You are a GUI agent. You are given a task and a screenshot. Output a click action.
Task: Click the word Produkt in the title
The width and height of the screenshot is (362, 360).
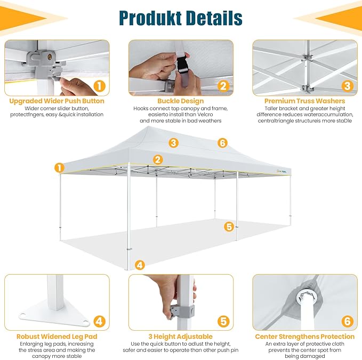tap(150, 18)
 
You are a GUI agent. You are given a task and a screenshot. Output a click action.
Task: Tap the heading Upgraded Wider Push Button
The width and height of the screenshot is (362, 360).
tap(57, 101)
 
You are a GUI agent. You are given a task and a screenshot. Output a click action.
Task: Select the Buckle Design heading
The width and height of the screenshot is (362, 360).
tap(181, 101)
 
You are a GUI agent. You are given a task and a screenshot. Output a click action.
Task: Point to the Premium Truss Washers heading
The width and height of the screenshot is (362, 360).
tap(304, 101)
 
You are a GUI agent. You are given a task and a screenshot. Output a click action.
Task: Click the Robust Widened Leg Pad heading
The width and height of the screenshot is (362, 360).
tap(57, 337)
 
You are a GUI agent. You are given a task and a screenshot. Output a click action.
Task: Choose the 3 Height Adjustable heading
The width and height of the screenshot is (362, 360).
tap(181, 337)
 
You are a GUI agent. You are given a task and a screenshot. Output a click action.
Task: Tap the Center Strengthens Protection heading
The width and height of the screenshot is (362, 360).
tap(304, 337)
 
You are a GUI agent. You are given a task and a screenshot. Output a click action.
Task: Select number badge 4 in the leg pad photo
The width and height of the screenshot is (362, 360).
tap(100, 321)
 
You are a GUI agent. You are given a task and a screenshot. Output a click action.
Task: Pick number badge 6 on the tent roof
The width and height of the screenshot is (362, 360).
tap(222, 143)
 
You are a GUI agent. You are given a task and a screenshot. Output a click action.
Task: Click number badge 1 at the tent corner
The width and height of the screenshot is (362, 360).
tap(59, 168)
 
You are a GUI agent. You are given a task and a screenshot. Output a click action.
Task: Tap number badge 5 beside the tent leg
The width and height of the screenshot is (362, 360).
tap(229, 227)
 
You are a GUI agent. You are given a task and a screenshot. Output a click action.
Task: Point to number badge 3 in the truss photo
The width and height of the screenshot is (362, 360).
tap(347, 86)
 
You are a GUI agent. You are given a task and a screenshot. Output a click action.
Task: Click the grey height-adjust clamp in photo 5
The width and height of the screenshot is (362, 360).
tap(183, 312)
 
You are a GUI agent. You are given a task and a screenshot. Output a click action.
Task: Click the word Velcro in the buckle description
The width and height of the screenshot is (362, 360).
tap(205, 114)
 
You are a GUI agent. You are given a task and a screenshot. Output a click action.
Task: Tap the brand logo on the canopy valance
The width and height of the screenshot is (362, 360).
tap(281, 171)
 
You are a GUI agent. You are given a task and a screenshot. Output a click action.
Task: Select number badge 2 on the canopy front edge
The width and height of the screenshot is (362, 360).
tap(158, 160)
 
